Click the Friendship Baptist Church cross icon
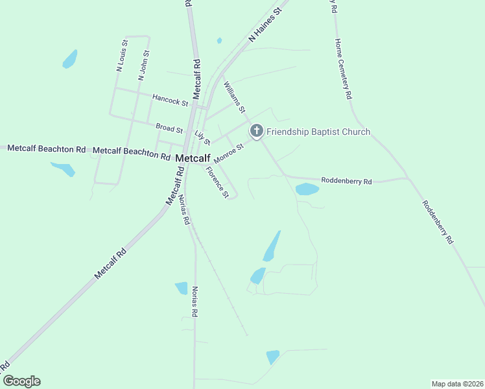click(256, 132)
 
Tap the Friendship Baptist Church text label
click(318, 132)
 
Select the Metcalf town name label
click(193, 158)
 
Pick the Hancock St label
click(170, 100)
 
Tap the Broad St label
click(169, 129)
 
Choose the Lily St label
click(202, 137)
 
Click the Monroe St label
click(228, 154)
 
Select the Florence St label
click(217, 182)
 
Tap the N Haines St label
click(267, 26)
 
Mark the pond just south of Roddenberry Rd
click(307, 189)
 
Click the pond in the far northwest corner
click(69, 60)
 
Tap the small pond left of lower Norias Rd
click(182, 288)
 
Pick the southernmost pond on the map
click(272, 357)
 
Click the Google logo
click(21, 381)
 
